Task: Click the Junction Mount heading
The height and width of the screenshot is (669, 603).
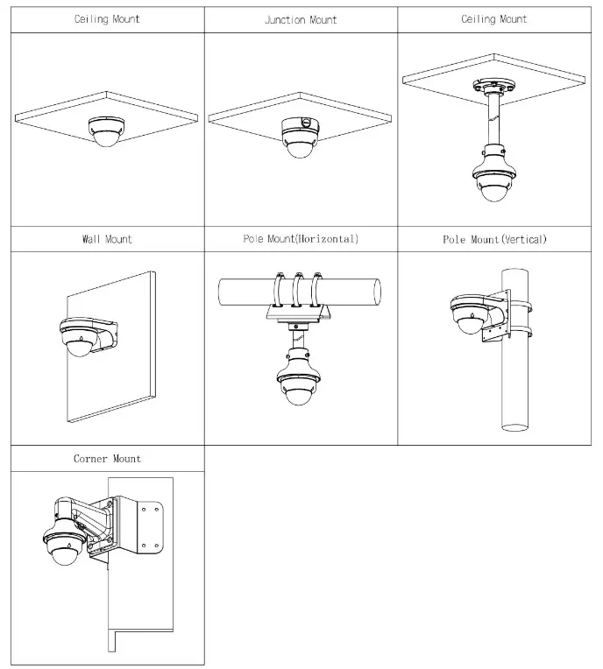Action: coord(301,19)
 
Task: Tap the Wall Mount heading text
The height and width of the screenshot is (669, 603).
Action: coord(107,239)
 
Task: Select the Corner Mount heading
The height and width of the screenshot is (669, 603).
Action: coord(107,459)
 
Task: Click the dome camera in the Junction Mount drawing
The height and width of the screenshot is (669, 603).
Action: coord(300,144)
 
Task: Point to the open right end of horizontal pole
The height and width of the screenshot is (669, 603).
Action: coord(377,292)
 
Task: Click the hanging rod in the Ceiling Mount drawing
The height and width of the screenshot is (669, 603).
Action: coord(494,119)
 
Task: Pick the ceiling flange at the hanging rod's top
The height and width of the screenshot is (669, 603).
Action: coord(494,86)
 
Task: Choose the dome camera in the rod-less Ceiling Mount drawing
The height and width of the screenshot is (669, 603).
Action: coord(106,132)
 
